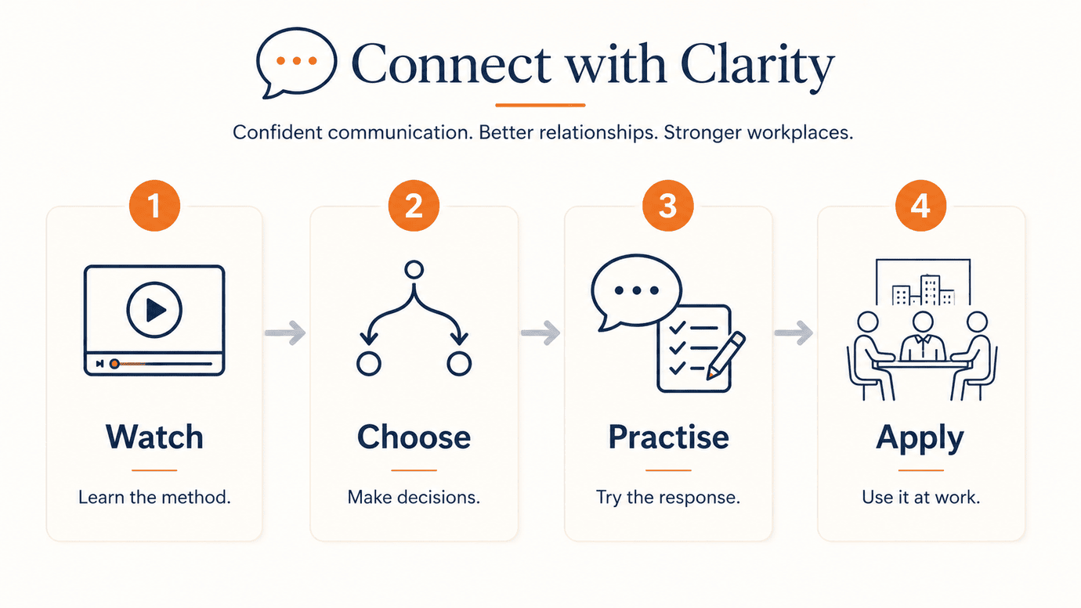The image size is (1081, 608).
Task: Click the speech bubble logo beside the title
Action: (x=296, y=62)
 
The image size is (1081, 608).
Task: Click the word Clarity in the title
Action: (x=757, y=66)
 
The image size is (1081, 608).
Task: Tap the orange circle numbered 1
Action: (x=154, y=205)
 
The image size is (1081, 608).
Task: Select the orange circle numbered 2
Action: (x=414, y=205)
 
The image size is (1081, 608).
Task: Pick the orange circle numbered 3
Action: (x=668, y=205)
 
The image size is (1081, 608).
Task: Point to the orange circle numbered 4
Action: (x=920, y=205)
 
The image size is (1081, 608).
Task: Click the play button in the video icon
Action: (x=154, y=310)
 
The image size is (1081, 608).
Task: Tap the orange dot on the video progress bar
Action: (x=114, y=364)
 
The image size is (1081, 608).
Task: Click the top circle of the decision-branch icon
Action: (x=414, y=269)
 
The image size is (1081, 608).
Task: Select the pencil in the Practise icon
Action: (x=726, y=355)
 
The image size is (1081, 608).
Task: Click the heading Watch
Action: (x=154, y=437)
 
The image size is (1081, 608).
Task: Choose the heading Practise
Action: (x=668, y=437)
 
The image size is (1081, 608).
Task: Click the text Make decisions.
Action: (x=414, y=497)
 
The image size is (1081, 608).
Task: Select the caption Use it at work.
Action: (x=920, y=497)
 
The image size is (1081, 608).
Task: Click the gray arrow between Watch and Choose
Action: (x=285, y=333)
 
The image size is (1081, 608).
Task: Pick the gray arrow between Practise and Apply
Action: (x=794, y=333)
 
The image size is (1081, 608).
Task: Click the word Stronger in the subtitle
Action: (x=702, y=132)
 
